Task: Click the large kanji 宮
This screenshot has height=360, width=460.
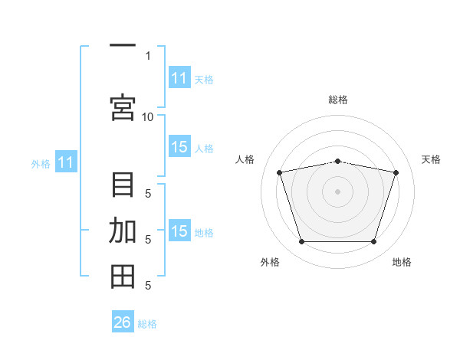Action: pyautogui.click(x=123, y=108)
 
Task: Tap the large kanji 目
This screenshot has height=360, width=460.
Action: pyautogui.click(x=123, y=185)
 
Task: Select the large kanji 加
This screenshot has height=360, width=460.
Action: pyautogui.click(x=123, y=231)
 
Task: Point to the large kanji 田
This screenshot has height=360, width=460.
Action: pyautogui.click(x=123, y=277)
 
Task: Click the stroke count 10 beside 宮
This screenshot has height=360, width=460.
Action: pyautogui.click(x=147, y=117)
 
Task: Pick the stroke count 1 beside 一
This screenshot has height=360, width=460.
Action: pyautogui.click(x=148, y=56)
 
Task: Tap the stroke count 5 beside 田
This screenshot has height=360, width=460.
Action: pyautogui.click(x=148, y=286)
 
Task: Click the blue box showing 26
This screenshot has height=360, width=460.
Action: pyautogui.click(x=123, y=321)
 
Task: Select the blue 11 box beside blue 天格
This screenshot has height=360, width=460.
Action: pyautogui.click(x=179, y=77)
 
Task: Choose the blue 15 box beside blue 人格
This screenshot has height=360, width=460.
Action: pyautogui.click(x=179, y=146)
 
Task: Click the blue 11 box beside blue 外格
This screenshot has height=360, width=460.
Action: pyautogui.click(x=66, y=162)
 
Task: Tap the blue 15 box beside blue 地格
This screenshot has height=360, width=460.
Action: pyautogui.click(x=179, y=230)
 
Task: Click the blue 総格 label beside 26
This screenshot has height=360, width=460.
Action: pyautogui.click(x=147, y=324)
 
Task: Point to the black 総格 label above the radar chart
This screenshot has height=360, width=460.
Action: pyautogui.click(x=338, y=100)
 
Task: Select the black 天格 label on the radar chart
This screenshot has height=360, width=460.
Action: pyautogui.click(x=431, y=159)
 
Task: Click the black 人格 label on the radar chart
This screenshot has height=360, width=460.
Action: pyautogui.click(x=245, y=159)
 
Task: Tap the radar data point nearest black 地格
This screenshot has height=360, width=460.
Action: pyautogui.click(x=374, y=242)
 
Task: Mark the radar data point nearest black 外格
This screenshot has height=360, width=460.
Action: pyautogui.click(x=301, y=242)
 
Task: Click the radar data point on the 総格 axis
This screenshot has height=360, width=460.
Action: pyautogui.click(x=337, y=162)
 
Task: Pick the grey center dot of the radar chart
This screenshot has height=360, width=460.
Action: pyautogui.click(x=337, y=191)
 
